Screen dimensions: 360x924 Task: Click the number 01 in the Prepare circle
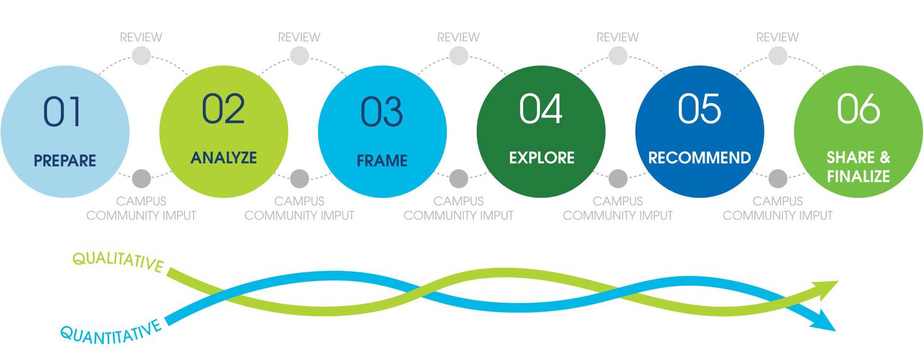(x=62, y=111)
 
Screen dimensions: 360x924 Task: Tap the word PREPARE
(x=65, y=161)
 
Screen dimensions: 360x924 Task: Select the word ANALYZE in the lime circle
(x=223, y=158)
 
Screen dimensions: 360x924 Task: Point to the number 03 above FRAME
(x=381, y=112)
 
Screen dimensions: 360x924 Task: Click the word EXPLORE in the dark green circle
(x=542, y=158)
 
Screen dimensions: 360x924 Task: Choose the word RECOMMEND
(x=699, y=158)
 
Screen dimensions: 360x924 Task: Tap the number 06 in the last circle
(x=858, y=109)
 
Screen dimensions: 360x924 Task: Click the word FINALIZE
(x=858, y=176)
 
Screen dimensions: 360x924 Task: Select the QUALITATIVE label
(x=118, y=261)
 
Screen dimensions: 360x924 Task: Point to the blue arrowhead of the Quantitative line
(x=824, y=322)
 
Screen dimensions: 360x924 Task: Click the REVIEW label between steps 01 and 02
(x=141, y=37)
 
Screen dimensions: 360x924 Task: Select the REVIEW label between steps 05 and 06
(x=777, y=37)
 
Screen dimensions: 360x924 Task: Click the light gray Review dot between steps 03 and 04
(x=458, y=56)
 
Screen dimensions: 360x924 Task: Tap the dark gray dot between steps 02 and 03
(x=299, y=178)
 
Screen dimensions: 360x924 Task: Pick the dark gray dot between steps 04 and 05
(x=618, y=178)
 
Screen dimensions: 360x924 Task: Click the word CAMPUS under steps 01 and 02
(x=141, y=201)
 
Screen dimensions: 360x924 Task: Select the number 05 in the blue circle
(x=699, y=109)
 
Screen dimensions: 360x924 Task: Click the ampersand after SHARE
(x=885, y=158)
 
